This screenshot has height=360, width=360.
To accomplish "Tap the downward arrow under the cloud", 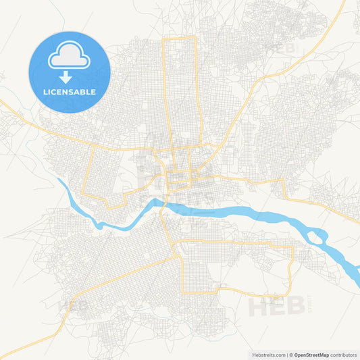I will pyautogui.click(x=69, y=75).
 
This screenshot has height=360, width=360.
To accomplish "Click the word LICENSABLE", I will pyautogui.click(x=69, y=92).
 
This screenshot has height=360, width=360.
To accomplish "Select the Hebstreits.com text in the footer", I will pyautogui.click(x=266, y=354).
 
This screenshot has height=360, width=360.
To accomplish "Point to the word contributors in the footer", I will pyautogui.click(x=342, y=354).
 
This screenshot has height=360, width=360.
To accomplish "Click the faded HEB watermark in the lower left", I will pyautogui.click(x=76, y=306).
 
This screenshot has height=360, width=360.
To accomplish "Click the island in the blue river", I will pyautogui.click(x=315, y=236).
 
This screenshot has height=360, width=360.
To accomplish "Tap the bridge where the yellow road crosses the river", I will pyautogui.click(x=166, y=203).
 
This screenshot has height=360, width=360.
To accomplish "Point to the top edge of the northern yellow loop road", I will pyautogui.click(x=179, y=38).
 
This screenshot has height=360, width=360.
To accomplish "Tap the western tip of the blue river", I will pyautogui.click(x=62, y=181).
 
